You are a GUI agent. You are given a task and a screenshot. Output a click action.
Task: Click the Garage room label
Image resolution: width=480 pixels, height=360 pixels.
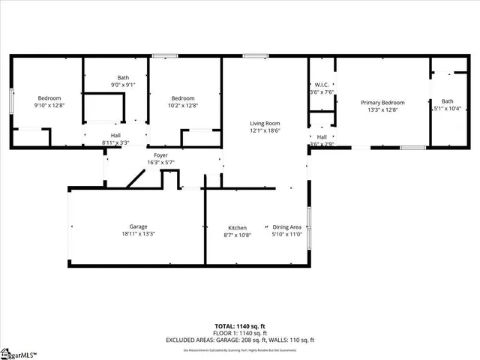coord(138,226)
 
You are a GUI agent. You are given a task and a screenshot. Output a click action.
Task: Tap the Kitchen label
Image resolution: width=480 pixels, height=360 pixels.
coord(238,228)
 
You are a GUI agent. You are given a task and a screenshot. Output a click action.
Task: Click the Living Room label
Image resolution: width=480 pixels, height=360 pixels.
coord(265,123)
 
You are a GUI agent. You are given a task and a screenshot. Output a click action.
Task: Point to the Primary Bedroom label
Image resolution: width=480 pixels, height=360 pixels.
coord(382,103)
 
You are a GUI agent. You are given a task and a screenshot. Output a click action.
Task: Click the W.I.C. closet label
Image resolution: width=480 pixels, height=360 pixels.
coord(321,85)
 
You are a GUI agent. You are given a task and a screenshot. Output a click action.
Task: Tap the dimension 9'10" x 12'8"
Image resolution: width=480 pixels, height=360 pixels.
coord(49,106)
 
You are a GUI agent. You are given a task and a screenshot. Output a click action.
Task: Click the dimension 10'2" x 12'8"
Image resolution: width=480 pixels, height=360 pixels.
coord(183,106)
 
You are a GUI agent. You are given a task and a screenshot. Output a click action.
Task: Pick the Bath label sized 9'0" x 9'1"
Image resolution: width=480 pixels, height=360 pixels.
coord(123,77)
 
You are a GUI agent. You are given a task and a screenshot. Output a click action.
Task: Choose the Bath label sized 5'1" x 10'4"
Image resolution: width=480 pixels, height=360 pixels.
coord(448,101)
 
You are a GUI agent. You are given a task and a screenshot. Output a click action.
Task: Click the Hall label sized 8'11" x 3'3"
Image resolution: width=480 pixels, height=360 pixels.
coord(115,134)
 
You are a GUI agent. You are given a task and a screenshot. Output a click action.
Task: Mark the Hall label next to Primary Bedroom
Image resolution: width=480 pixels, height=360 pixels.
coord(322,136)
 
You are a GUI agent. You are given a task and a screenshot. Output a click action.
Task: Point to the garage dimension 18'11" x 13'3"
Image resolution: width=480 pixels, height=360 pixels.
coord(138,234)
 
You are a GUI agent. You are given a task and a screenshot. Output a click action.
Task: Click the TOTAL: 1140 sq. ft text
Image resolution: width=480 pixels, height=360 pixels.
coord(239,326)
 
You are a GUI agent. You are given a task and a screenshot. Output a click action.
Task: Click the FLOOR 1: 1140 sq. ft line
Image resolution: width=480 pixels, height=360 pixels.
coord(239,332)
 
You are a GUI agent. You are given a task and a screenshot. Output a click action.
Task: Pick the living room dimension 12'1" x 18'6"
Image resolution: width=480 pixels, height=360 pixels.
coord(265,130)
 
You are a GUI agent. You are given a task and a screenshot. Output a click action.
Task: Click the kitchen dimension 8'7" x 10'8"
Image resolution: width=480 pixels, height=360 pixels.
coord(238,235)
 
